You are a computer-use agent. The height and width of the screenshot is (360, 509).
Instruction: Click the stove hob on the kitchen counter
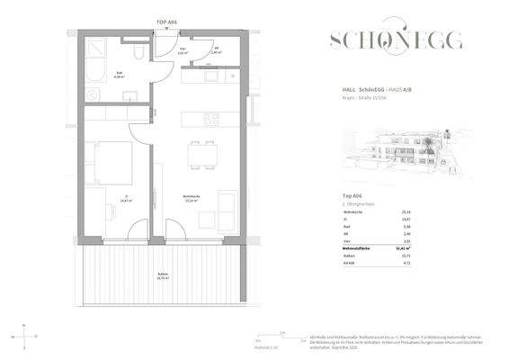210,118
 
